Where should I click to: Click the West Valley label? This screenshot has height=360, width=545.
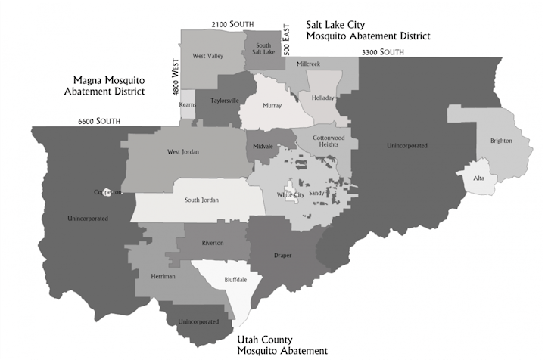pos(207,56)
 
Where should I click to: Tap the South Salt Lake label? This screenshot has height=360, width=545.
pos(263,49)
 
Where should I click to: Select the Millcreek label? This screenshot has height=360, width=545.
pos(308,64)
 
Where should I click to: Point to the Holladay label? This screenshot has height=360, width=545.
pos(322,97)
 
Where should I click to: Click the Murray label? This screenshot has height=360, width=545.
pos(272,106)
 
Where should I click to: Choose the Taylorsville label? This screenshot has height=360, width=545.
pos(224,101)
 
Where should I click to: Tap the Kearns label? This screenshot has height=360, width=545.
pos(188,104)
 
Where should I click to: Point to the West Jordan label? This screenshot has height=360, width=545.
pos(183,152)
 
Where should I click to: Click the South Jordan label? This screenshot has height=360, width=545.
pos(202,201)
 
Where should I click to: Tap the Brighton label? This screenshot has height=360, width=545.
pos(501,141)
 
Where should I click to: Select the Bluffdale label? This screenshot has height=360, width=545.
pos(235,279)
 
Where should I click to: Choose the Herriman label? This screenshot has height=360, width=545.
pos(163,277)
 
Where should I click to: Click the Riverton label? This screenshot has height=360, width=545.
pos(213,243)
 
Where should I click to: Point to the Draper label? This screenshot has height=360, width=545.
pos(282,256)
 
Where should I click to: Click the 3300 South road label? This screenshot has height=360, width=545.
pos(383,51)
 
